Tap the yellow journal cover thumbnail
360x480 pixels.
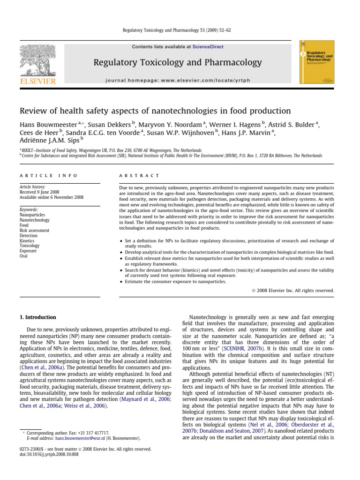(x=316, y=63)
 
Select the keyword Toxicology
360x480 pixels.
(x=30, y=246)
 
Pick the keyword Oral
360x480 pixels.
(x=24, y=256)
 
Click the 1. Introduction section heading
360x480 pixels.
(x=37, y=317)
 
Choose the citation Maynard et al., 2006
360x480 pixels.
(x=146, y=399)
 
